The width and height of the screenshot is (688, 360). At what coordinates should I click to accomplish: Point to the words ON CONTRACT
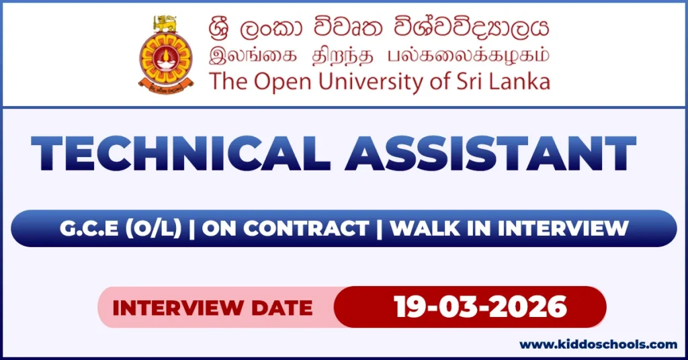[286, 228]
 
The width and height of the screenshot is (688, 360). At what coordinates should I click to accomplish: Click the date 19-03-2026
[480, 308]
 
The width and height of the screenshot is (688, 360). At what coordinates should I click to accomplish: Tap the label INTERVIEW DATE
[212, 308]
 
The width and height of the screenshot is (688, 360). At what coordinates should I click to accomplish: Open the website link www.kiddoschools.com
[598, 345]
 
